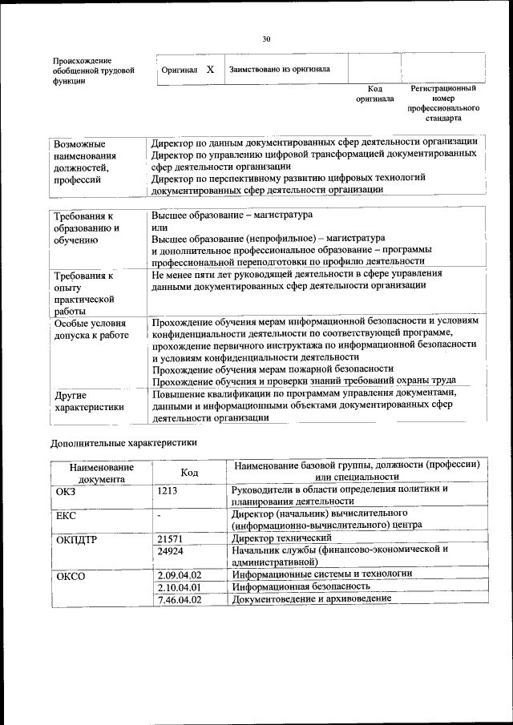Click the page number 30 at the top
click(x=266, y=38)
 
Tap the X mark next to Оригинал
click(x=210, y=70)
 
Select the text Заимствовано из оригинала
click(x=280, y=70)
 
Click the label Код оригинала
click(x=374, y=94)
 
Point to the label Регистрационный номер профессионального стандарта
click(x=442, y=103)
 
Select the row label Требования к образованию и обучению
click(x=87, y=228)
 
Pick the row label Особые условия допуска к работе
click(x=91, y=329)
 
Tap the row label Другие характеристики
click(x=89, y=401)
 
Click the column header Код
click(x=189, y=473)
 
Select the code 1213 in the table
click(x=168, y=489)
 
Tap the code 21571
click(x=171, y=538)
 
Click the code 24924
click(x=171, y=551)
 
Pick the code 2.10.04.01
click(x=180, y=587)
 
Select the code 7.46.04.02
click(x=180, y=599)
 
